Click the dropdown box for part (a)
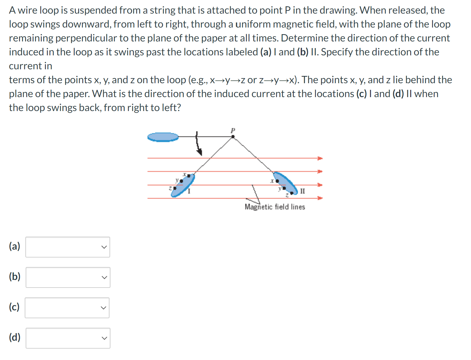pos(68,247)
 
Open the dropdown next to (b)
pos(68,277)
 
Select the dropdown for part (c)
pos(67,308)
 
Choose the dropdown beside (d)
pos(68,338)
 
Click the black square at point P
pos(233,137)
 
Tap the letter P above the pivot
pos(233,130)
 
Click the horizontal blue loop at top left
pos(163,137)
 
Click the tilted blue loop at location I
pos(183,185)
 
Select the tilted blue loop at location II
pos(286,183)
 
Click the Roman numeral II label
pos(302,191)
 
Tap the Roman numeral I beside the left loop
pos(189,191)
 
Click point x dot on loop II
pos(277,181)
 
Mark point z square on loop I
pos(175,188)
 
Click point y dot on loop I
pos(181,181)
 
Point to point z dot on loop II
pos(292,193)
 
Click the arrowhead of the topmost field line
pos(320,158)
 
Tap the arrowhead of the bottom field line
pos(320,198)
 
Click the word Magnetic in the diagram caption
pos(258,207)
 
